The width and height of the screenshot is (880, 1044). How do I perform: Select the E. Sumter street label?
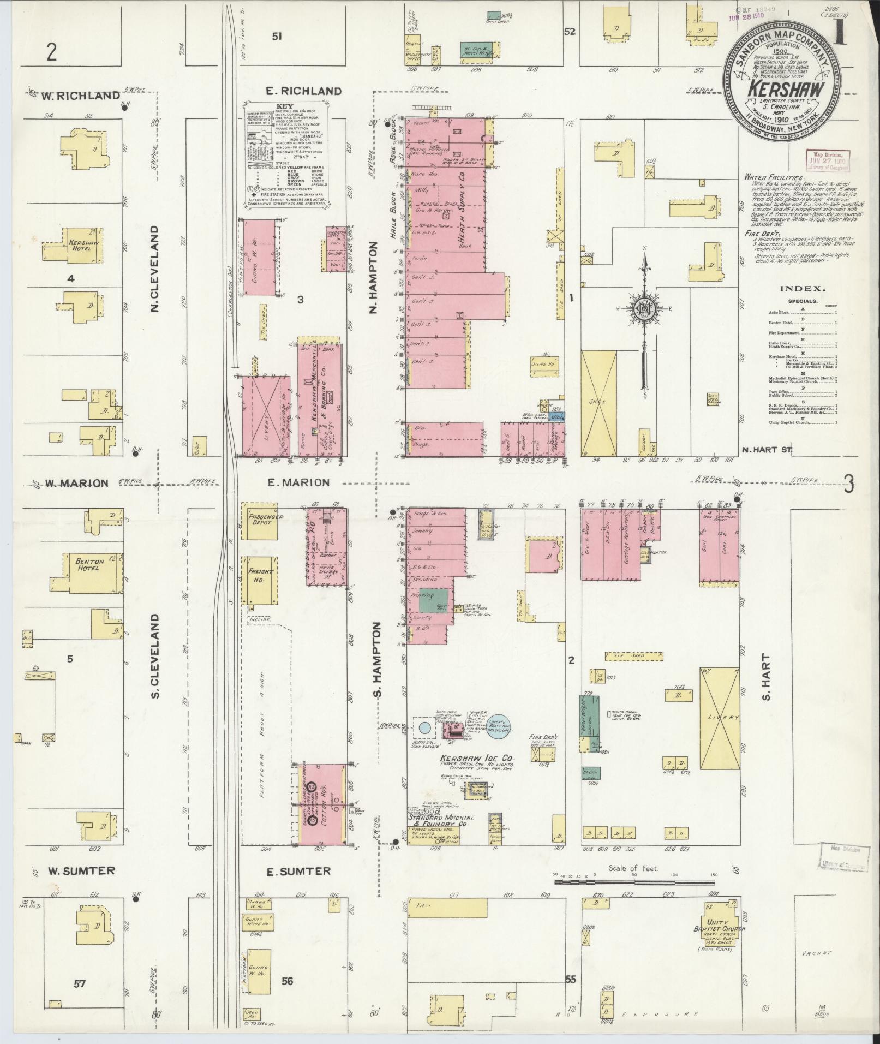tap(298, 872)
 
